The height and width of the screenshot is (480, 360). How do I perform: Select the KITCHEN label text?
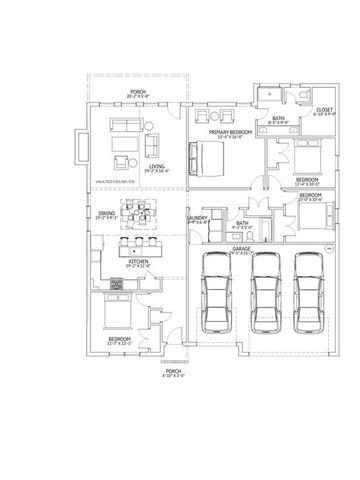coord(138,262)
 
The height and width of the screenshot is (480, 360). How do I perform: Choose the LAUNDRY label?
coord(197,218)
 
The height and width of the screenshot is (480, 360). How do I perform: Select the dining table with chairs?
coord(148,213)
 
